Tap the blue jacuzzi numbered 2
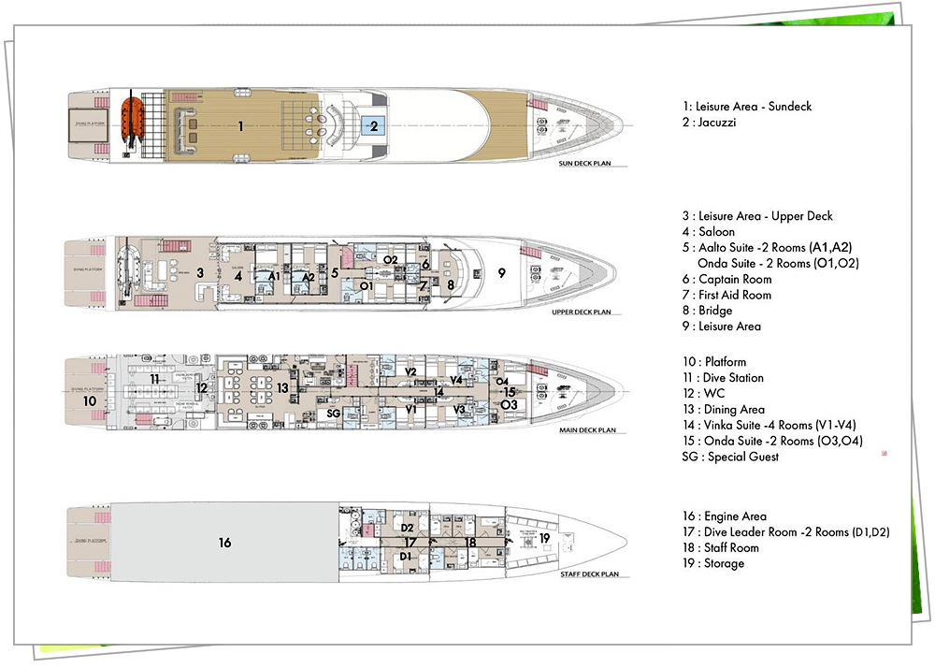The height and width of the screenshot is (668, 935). [x=373, y=125]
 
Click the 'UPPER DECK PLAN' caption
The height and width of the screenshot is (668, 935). [x=582, y=312]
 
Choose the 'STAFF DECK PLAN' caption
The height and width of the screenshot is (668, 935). [x=584, y=574]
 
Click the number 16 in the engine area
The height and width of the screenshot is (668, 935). [x=224, y=543]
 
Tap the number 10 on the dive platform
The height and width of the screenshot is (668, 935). [x=89, y=400]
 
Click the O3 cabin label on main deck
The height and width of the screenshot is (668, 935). [x=509, y=405]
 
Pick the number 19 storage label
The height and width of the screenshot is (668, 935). [x=544, y=537]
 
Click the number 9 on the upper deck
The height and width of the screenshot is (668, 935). [x=502, y=272]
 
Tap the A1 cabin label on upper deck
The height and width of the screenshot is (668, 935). [x=274, y=277]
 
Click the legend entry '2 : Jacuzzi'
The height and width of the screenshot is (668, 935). [x=711, y=123]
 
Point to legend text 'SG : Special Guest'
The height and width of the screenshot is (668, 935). [x=730, y=457]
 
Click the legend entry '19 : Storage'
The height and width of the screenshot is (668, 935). [x=713, y=564]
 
